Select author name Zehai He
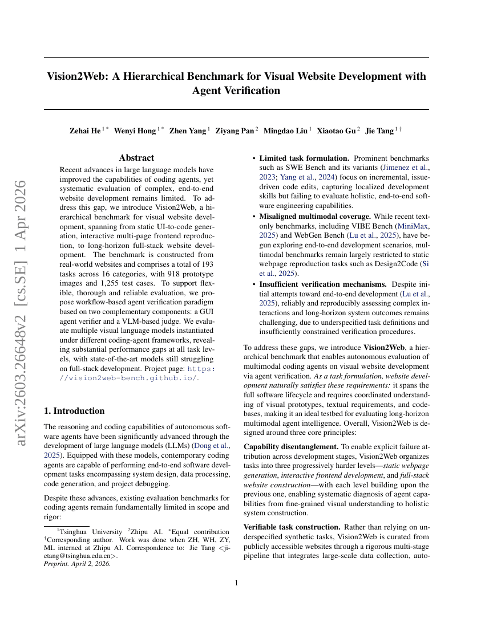click(85, 131)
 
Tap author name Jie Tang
click(379, 131)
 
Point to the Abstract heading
click(136, 157)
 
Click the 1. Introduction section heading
click(74, 410)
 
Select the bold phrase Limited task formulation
click(304, 158)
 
